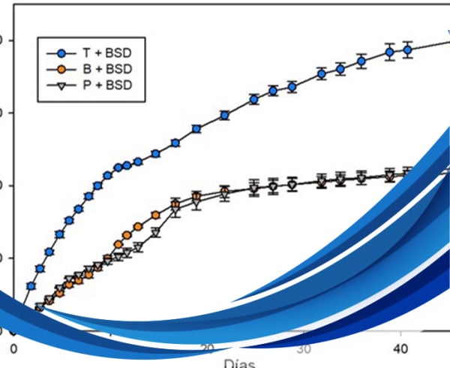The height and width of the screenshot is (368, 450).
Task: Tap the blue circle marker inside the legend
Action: pyautogui.click(x=61, y=53)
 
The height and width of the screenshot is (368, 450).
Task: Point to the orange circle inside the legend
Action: pyautogui.click(x=61, y=69)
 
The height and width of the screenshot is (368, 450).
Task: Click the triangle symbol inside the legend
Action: pyautogui.click(x=61, y=85)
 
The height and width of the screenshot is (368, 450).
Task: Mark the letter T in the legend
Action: pyautogui.click(x=87, y=53)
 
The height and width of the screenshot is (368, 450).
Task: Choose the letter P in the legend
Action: pyautogui.click(x=87, y=85)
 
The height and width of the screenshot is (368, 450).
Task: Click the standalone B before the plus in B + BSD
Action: pyautogui.click(x=87, y=69)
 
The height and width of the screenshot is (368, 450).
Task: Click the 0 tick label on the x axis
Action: pyautogui.click(x=13, y=349)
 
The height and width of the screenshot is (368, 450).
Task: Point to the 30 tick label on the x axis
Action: pyautogui.click(x=304, y=349)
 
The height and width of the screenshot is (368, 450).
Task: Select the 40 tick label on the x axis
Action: pyautogui.click(x=400, y=349)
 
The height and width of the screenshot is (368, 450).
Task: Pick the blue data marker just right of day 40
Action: pyautogui.click(x=407, y=50)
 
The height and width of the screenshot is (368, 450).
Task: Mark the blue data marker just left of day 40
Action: pyautogui.click(x=389, y=53)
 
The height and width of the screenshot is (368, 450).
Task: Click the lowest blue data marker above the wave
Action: pyautogui.click(x=31, y=286)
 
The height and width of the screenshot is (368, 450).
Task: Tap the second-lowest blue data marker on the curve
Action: pyautogui.click(x=40, y=268)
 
